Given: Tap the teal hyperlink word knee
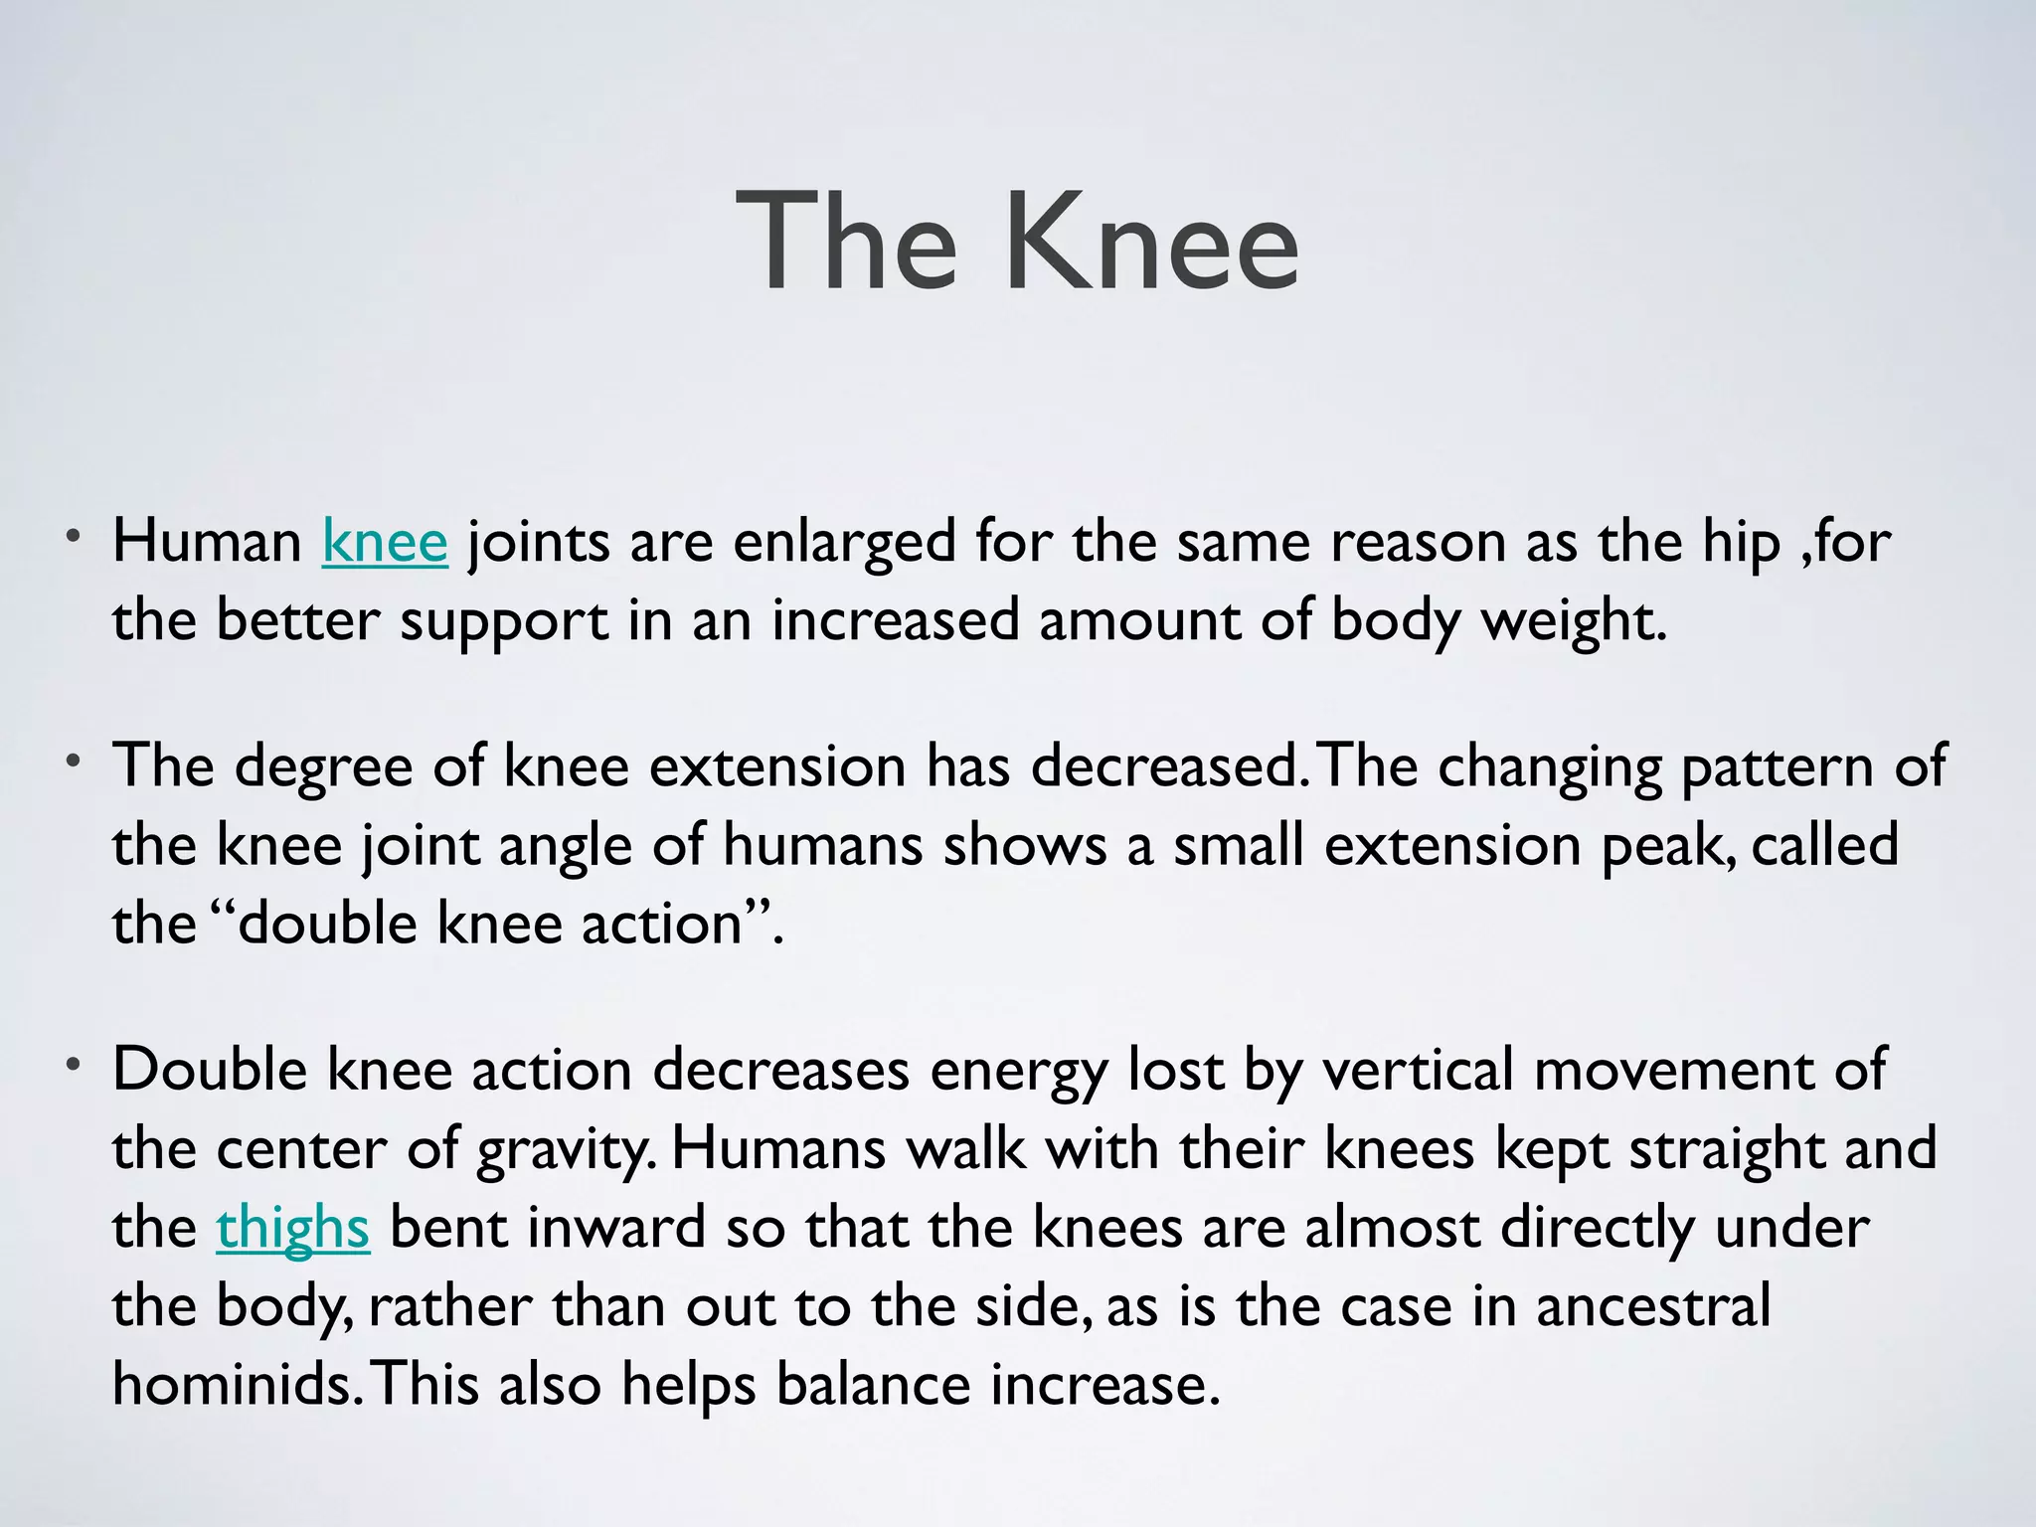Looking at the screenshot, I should click(x=385, y=543).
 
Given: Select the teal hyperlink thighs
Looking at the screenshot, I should click(x=292, y=1228).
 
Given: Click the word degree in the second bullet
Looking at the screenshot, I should click(x=323, y=768).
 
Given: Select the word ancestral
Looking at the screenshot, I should click(x=1652, y=1306).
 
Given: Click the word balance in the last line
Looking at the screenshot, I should click(x=872, y=1384).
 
